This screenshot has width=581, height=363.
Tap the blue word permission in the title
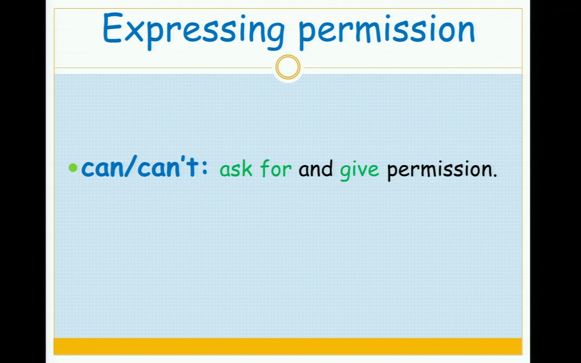point(387,32)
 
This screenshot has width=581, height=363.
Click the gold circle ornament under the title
point(288,67)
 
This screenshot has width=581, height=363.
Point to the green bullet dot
point(73,167)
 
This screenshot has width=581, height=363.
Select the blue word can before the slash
point(103,168)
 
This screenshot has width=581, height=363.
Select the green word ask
point(236,168)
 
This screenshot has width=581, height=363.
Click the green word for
point(276,168)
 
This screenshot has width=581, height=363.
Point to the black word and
point(315,168)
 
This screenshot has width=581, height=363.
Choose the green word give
point(359,170)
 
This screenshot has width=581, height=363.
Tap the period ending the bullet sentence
point(495,175)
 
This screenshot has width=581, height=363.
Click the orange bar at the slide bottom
point(288,346)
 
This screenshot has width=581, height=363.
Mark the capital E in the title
point(113,27)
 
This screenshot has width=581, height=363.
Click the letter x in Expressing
point(134,32)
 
